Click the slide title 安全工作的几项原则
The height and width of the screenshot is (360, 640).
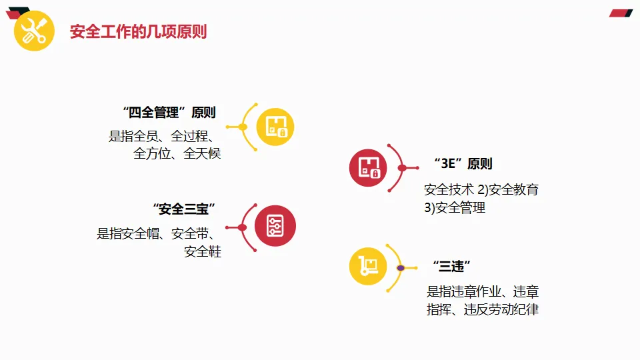point(138,31)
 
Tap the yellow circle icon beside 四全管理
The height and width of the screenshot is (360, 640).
point(275,126)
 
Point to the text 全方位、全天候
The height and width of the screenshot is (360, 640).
point(177,153)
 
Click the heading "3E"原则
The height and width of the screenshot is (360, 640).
point(463,164)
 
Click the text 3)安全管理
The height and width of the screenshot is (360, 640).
point(455,207)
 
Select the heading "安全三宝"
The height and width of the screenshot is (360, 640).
point(184,209)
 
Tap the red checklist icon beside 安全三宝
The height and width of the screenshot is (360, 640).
point(275,225)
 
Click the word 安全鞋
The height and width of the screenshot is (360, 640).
point(203,251)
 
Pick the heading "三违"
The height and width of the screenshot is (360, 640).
point(452,266)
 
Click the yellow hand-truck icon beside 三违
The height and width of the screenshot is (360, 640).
point(369,267)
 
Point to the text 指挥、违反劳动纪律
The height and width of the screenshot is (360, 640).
point(483,309)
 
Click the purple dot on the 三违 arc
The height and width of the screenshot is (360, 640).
point(401,267)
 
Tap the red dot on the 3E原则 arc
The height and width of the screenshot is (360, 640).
point(401,168)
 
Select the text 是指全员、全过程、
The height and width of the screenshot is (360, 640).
point(161,136)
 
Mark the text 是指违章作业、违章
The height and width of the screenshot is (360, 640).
point(483,291)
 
